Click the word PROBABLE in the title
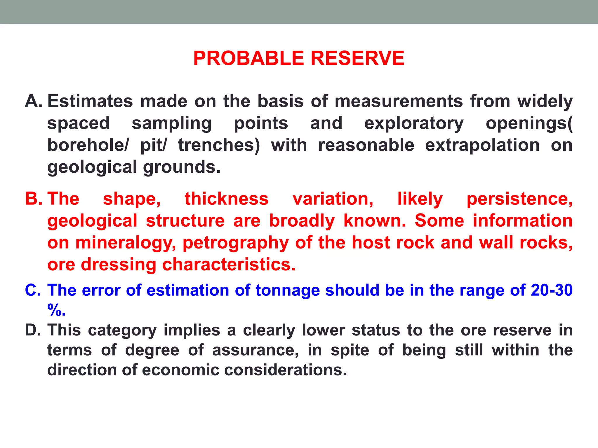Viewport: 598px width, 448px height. point(248,58)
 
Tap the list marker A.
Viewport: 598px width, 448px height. point(34,101)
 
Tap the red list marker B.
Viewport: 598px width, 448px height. point(34,199)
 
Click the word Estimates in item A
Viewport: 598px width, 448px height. point(90,101)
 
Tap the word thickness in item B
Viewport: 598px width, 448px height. point(227,199)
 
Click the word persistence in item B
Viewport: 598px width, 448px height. point(519,199)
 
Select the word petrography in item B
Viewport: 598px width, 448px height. point(236,243)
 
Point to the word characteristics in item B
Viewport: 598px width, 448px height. point(228,265)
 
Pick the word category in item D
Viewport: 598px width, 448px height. point(122,330)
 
